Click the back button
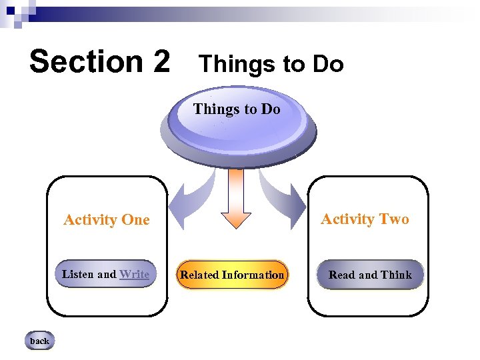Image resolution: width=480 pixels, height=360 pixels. [x=39, y=341]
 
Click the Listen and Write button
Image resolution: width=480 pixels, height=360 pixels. [x=105, y=274]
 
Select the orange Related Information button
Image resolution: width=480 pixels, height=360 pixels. [x=232, y=275]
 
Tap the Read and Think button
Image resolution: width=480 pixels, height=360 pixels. [x=370, y=275]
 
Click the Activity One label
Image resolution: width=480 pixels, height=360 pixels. [x=107, y=220]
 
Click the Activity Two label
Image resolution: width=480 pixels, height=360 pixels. [x=365, y=219]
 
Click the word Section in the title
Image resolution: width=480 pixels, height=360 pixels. [x=80, y=61]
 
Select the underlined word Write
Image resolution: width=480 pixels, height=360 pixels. [x=134, y=274]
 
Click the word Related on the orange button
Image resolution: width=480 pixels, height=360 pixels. [x=199, y=275]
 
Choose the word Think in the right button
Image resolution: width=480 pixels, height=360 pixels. [x=397, y=275]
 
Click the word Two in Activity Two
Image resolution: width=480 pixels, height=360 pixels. [x=394, y=219]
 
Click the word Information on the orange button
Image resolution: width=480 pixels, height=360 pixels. [x=253, y=275]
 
